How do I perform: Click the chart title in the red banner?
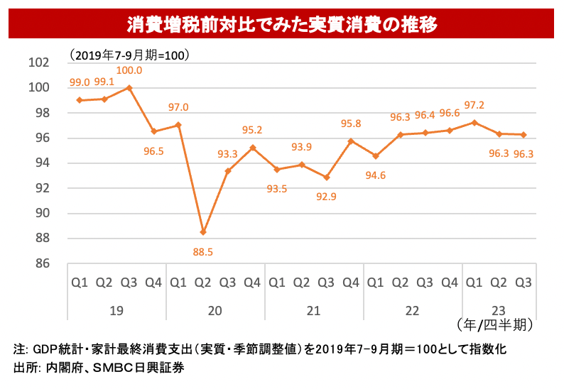tap(282, 23)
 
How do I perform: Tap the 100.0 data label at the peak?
tap(129, 71)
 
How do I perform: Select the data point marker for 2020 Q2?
tap(203, 232)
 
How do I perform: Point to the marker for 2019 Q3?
tap(129, 88)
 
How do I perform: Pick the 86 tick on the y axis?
tap(42, 263)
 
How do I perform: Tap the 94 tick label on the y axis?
tap(42, 163)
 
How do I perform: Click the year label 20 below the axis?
tap(215, 311)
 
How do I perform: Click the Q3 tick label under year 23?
tap(524, 283)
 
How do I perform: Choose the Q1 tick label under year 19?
tap(80, 283)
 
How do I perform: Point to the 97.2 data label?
tap(474, 105)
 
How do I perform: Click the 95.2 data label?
tap(253, 130)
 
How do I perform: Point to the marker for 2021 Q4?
tap(351, 141)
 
